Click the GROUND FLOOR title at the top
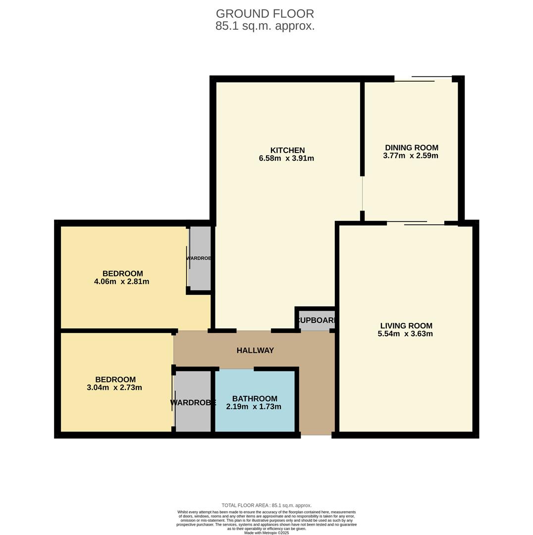click(x=265, y=14)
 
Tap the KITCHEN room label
click(x=287, y=150)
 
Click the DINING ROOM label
click(x=411, y=148)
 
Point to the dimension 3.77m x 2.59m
click(x=410, y=156)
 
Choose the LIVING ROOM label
click(x=406, y=326)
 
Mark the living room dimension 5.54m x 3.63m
click(x=405, y=334)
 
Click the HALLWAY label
click(x=255, y=350)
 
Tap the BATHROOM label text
click(x=255, y=399)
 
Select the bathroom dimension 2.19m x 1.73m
click(x=254, y=407)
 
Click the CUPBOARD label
click(x=317, y=321)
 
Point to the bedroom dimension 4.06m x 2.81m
click(x=121, y=281)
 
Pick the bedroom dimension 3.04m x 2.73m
click(x=114, y=387)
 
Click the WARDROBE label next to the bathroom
click(x=193, y=403)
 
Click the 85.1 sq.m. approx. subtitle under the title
click(x=265, y=26)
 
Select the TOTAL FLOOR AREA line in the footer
click(x=266, y=505)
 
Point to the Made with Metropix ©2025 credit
click(x=266, y=533)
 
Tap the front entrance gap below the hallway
click(x=316, y=435)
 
